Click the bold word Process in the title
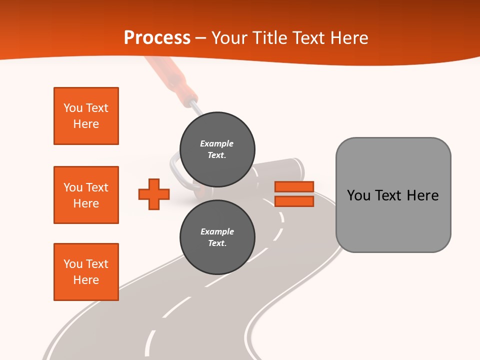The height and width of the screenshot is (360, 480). point(157,37)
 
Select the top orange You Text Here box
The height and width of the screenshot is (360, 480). point(86,116)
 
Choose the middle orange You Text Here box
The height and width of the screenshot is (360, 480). point(86,195)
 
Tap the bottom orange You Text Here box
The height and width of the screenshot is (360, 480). point(86,272)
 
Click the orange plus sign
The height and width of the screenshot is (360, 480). point(154,194)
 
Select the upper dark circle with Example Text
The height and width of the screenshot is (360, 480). point(217,149)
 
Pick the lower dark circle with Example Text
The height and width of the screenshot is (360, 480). point(217,237)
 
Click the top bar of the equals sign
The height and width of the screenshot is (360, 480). point(294,187)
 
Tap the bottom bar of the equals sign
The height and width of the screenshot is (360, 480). point(294,201)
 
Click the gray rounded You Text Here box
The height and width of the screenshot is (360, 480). point(393,195)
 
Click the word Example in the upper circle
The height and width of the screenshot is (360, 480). point(217,143)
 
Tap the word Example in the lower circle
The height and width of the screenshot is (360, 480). point(217,231)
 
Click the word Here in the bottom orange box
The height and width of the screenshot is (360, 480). point(86,280)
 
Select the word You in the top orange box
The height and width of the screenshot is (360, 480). point(73,108)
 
